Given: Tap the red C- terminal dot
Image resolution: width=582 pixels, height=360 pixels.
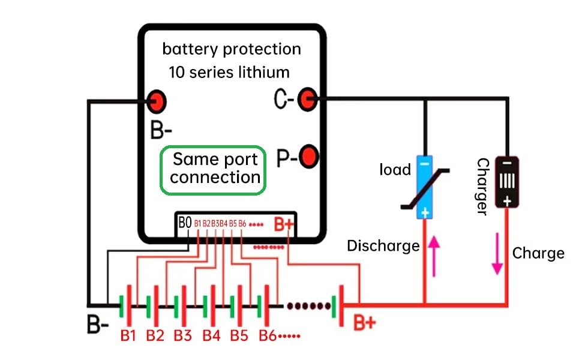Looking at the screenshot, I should tap(308, 99).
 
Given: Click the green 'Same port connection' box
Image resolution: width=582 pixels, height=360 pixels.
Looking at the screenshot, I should tap(213, 170).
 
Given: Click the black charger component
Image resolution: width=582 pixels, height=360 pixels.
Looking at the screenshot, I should tap(507, 182).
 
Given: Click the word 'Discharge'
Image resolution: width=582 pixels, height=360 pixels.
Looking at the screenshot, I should tap(383, 245).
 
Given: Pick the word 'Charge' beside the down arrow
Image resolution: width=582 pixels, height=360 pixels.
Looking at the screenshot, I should tap(538, 253).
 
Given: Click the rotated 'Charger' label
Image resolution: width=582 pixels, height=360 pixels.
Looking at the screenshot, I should tap(482, 186).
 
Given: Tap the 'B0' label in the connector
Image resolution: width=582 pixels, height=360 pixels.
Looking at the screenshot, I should tap(185, 223).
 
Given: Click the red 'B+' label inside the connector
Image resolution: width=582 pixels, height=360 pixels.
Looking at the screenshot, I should tap(284, 224).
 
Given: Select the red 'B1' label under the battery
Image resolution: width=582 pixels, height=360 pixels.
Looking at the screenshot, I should tap(127, 335).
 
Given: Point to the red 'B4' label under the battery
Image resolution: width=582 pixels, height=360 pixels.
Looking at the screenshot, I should tap(211, 335).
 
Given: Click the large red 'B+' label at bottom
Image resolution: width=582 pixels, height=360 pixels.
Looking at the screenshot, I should tap(364, 323).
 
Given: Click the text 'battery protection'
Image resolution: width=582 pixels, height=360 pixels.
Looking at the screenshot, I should tap(232, 49).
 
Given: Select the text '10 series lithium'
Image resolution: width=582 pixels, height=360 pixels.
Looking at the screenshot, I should tap(229, 73).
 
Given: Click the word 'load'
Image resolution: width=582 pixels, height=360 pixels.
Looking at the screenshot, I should tap(395, 169).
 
